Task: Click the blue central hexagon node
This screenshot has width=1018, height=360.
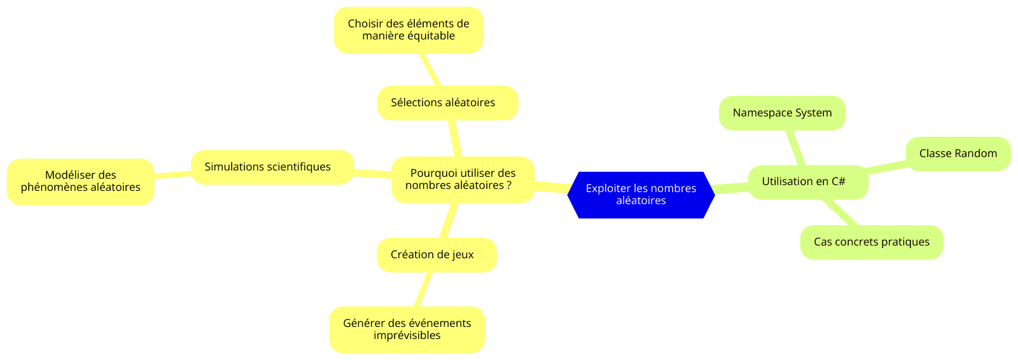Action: pyautogui.click(x=641, y=195)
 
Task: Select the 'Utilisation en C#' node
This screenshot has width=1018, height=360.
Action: pyautogui.click(x=808, y=183)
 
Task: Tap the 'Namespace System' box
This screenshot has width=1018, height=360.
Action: pyautogui.click(x=782, y=113)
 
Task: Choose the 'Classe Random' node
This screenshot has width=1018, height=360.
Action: pyautogui.click(x=958, y=154)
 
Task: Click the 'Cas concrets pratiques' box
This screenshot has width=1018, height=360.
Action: pyautogui.click(x=872, y=242)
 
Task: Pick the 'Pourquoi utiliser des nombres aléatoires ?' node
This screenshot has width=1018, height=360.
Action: pyautogui.click(x=463, y=179)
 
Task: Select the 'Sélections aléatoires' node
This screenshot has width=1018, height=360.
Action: pyautogui.click(x=448, y=103)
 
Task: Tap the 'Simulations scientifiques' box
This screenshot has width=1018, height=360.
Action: pyautogui.click(x=272, y=167)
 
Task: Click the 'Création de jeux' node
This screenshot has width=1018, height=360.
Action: pyautogui.click(x=436, y=255)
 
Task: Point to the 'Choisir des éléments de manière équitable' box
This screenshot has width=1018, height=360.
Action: pyautogui.click(x=408, y=30)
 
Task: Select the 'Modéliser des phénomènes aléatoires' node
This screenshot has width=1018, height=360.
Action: pyautogui.click(x=80, y=182)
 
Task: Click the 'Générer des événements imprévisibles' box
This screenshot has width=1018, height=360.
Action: pyautogui.click(x=407, y=329)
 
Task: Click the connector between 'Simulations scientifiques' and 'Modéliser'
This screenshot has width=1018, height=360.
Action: pyautogui.click(x=172, y=174)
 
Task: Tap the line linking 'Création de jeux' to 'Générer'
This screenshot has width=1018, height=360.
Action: pyautogui.click(x=423, y=289)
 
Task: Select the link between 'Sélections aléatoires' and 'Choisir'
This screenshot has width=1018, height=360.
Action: pyautogui.click(x=430, y=69)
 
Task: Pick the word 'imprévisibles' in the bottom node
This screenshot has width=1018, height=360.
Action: pyautogui.click(x=407, y=335)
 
